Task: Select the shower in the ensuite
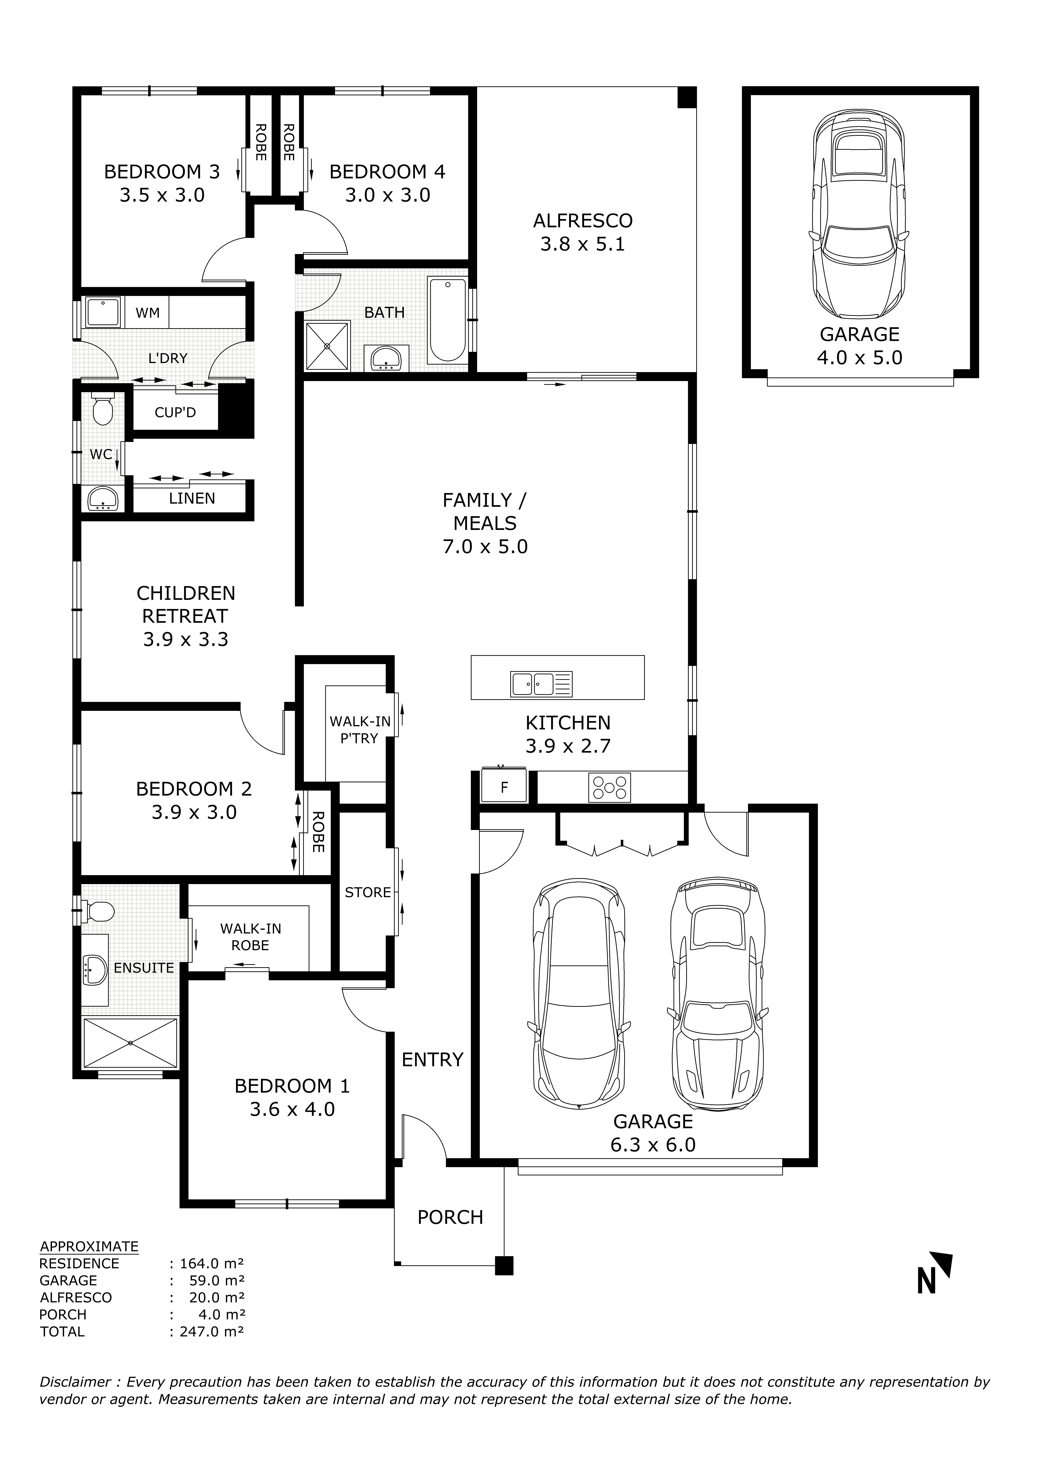(130, 1042)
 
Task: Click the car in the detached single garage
(859, 213)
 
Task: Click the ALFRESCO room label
(583, 221)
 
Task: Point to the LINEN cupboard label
(192, 499)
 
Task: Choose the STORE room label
(367, 892)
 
